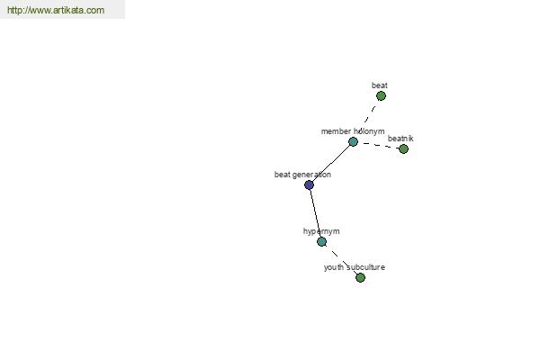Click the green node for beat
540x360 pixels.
[381, 95]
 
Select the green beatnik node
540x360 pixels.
[403, 148]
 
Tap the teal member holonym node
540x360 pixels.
[353, 141]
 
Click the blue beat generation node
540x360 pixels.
[310, 185]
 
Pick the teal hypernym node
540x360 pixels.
[321, 241]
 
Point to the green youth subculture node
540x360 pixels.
[360, 277]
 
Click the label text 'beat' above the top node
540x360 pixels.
[380, 85]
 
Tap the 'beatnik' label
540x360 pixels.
[400, 139]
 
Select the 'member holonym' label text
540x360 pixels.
[353, 131]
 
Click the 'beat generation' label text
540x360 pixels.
[302, 175]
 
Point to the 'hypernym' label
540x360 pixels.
[321, 231]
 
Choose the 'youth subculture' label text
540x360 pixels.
[355, 267]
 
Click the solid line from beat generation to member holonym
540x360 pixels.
[331, 163]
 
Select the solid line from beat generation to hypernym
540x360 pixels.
[316, 213]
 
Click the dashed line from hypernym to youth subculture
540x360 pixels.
[341, 259]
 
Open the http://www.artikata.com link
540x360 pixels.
[56, 10]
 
